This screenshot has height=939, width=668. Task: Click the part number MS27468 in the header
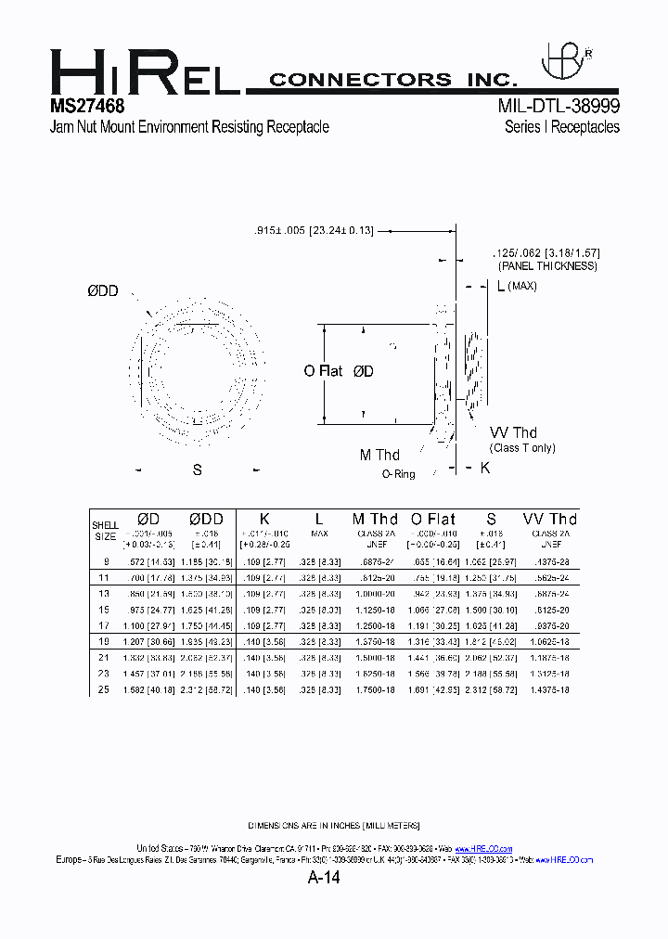(x=87, y=106)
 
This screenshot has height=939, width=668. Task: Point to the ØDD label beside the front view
(x=103, y=291)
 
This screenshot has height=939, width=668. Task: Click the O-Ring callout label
(x=398, y=474)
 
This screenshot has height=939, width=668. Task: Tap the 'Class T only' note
(x=524, y=448)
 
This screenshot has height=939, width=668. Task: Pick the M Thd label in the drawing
(x=379, y=455)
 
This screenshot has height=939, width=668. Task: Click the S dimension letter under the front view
(x=197, y=470)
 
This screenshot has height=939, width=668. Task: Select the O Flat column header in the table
(x=433, y=519)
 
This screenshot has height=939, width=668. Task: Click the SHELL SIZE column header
(x=106, y=531)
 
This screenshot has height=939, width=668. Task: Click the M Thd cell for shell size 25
(x=375, y=689)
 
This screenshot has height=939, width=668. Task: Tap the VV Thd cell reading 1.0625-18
(x=550, y=641)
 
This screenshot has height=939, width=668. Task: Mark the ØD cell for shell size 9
(x=148, y=561)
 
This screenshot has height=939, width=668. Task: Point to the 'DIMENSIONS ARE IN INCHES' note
(x=334, y=825)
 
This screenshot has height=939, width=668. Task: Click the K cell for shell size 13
(x=264, y=593)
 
